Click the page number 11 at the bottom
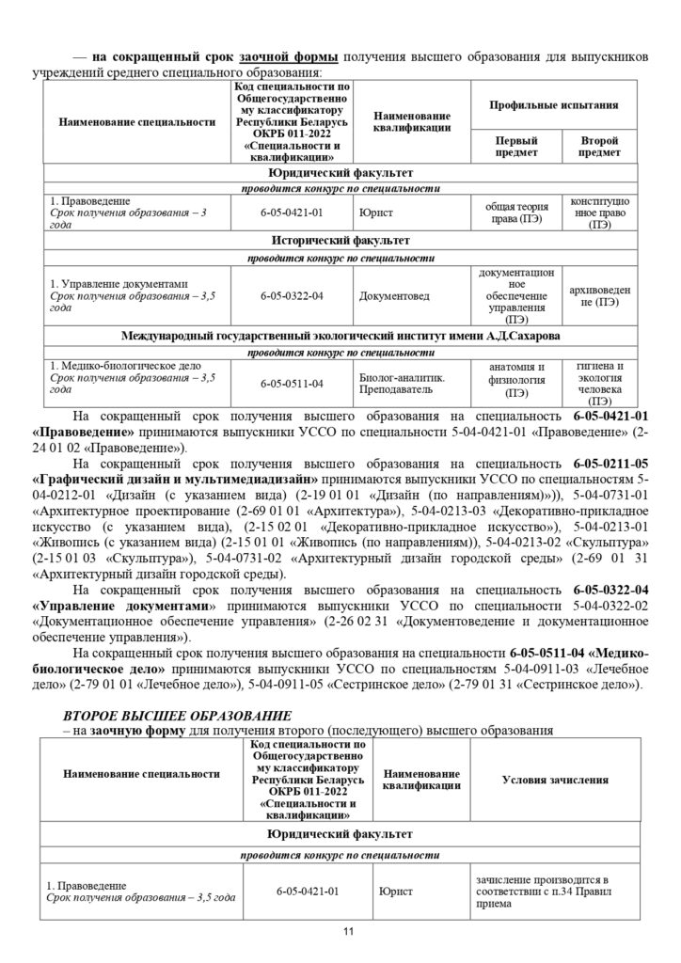[x=347, y=932]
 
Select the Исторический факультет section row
[x=340, y=240]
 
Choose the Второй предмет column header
[x=598, y=146]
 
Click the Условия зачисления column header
[x=554, y=780]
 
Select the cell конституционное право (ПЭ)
[x=598, y=213]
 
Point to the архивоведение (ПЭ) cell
[x=598, y=296]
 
